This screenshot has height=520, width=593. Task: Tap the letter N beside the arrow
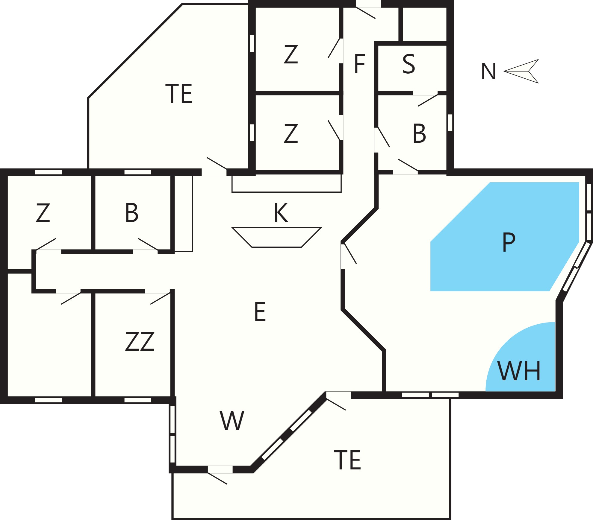tap(488, 72)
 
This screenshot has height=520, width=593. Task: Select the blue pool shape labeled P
tap(505, 236)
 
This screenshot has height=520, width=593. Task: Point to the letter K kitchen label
tap(281, 213)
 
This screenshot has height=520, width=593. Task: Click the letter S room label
tap(409, 64)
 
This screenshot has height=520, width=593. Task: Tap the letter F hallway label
tap(359, 64)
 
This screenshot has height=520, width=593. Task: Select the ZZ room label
tap(140, 341)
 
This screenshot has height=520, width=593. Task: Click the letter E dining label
tap(260, 311)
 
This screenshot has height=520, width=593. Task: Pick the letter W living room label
tap(232, 420)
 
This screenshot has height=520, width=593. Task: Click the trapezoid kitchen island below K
tap(277, 237)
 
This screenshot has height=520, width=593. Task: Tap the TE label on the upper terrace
tap(179, 94)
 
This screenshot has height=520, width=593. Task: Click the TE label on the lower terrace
tap(347, 460)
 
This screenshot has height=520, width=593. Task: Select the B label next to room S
tap(419, 133)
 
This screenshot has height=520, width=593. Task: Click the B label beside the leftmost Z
tap(132, 213)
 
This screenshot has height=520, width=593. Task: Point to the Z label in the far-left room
tap(43, 213)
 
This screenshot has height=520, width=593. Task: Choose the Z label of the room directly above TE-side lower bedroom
tap(291, 54)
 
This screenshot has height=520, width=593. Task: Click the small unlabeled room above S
tap(425, 24)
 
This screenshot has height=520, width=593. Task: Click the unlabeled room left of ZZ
tap(49, 344)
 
